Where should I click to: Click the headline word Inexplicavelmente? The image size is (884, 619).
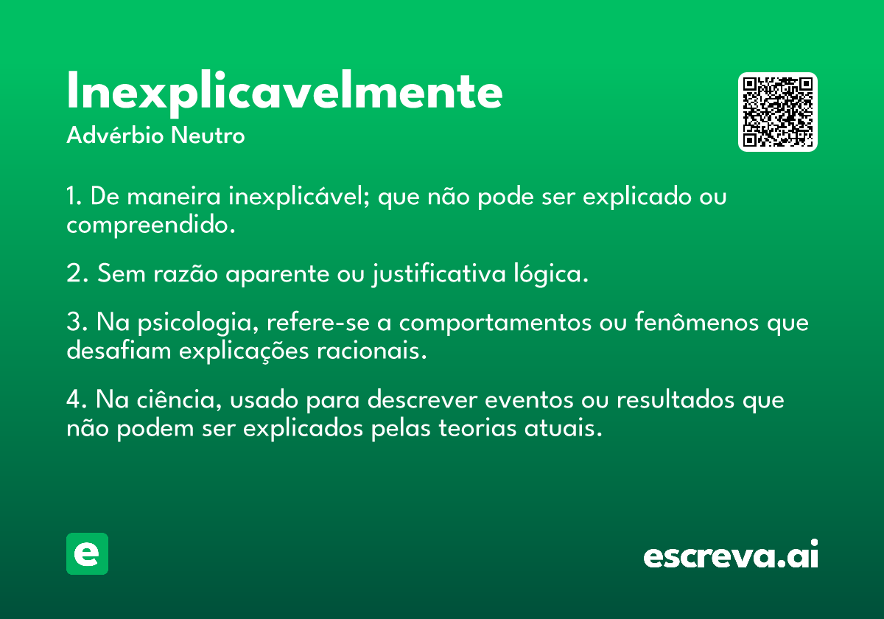coord(284,93)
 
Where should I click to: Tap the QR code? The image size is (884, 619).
coord(777,112)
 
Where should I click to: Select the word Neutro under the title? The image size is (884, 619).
coord(208,136)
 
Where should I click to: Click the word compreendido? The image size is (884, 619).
coord(151,225)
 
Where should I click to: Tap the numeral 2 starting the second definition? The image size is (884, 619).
coord(74,273)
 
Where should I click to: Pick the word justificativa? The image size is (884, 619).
coord(439,273)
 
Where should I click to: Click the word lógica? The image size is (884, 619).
coord(551,273)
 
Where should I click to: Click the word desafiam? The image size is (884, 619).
coord(119,350)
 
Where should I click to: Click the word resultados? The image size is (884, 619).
coord(676,399)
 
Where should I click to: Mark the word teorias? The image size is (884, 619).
coord(477,428)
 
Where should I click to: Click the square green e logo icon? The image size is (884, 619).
coord(87,553)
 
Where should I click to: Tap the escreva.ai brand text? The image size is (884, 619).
coord(731,554)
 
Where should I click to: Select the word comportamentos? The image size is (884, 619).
coord(495,323)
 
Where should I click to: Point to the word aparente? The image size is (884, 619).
coord(277,274)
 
